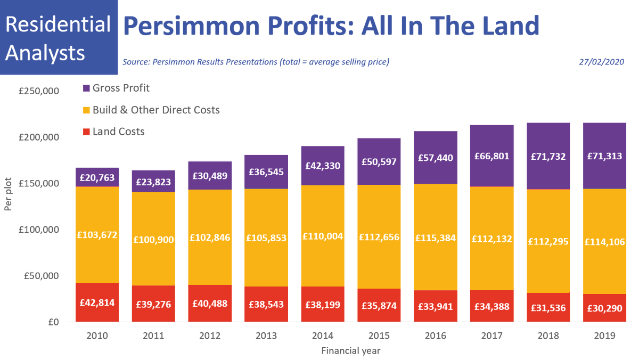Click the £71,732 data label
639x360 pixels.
547,157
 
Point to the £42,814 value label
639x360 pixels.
97,302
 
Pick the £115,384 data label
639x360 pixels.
436,238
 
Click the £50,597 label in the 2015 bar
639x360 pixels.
379,162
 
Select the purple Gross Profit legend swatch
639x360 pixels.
86,88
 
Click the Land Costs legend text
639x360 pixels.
118,132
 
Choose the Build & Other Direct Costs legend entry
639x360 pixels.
155,110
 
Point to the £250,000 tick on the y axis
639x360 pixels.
38,91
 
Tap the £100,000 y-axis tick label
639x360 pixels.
38,230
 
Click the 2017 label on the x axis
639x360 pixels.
491,336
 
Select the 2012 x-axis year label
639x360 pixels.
210,336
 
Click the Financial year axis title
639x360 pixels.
350,351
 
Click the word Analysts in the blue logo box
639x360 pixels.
48,53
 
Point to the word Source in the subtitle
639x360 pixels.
136,62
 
